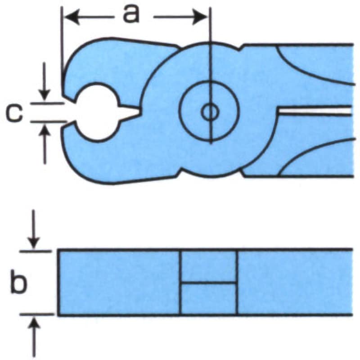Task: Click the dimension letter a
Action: click(131, 14)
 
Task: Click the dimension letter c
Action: click(14, 112)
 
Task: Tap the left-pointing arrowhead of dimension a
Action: click(72, 17)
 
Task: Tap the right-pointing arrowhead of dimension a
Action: click(200, 17)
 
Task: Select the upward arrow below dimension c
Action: click(45, 144)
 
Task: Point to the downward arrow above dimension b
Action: click(34, 229)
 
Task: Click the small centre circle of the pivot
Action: click(210, 112)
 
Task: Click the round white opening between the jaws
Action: click(97, 112)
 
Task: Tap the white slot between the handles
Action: click(315, 111)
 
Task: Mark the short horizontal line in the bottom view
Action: click(209, 283)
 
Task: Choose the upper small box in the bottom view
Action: click(209, 266)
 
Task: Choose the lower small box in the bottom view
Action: click(209, 299)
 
